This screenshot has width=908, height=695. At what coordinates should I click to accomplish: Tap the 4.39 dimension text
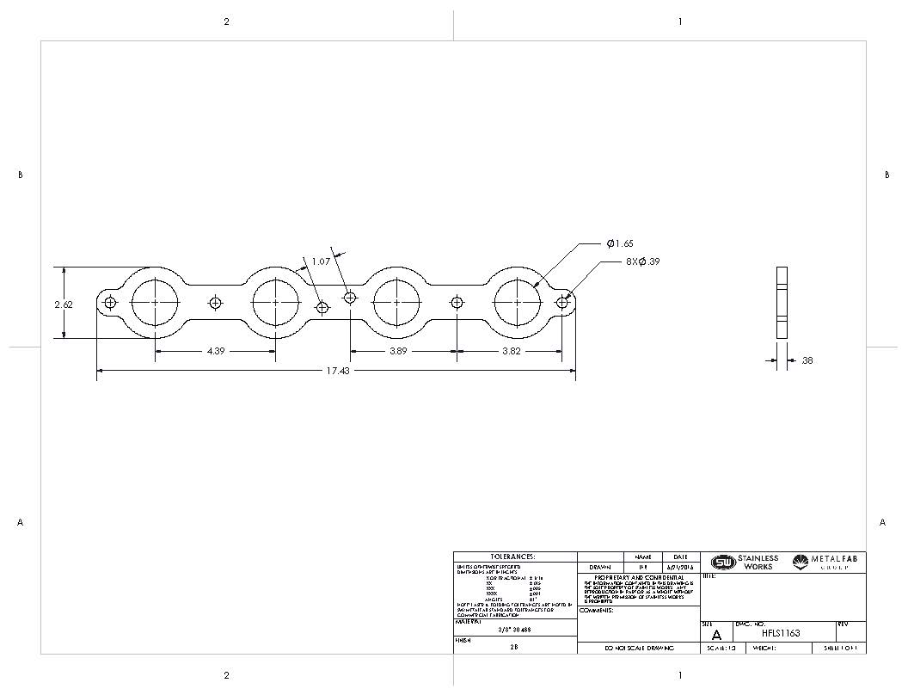pos(215,351)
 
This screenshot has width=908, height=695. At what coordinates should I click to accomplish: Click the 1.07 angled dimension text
pos(321,261)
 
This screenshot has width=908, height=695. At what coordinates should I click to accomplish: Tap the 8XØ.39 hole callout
pos(643,261)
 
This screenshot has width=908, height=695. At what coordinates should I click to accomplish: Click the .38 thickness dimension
pos(806,361)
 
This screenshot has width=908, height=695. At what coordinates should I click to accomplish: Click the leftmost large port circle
pos(156,303)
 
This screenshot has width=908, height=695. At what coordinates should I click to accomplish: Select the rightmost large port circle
pos(518,303)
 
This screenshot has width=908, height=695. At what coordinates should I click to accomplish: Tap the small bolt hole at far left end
pos(110,302)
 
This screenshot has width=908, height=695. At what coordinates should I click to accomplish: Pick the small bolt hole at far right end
pos(562,302)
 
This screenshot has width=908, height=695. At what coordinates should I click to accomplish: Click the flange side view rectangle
pos(782,303)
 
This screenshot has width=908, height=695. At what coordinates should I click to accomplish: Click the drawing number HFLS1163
pos(781,633)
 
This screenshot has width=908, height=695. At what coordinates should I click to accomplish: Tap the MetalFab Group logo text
pos(831,562)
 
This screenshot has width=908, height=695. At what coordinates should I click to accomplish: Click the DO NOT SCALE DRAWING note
pos(639,648)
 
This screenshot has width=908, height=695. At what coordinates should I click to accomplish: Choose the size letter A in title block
pos(716,635)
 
